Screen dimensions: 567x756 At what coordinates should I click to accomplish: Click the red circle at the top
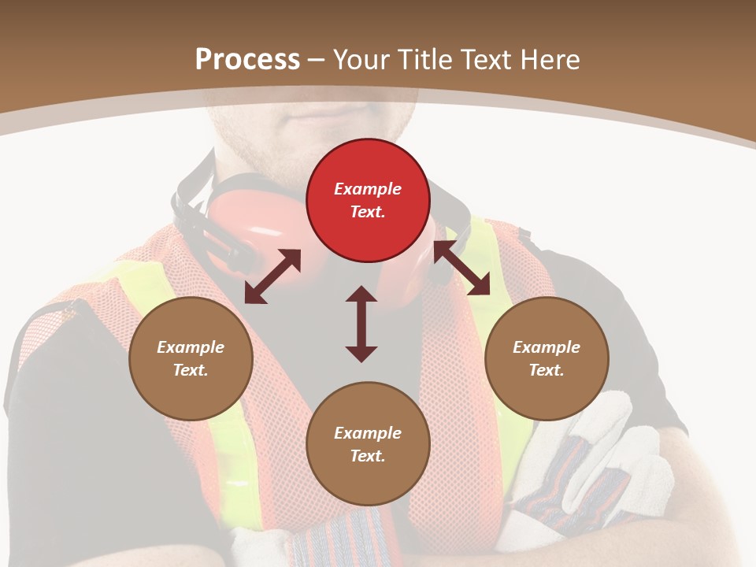click(368, 200)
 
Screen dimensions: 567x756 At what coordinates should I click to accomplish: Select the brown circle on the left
click(191, 358)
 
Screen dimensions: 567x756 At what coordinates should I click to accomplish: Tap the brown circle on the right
click(547, 358)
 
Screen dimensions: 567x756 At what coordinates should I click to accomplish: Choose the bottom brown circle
click(368, 444)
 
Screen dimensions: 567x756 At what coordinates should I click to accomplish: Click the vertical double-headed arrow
click(361, 324)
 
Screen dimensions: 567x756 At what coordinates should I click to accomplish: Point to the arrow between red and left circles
click(272, 276)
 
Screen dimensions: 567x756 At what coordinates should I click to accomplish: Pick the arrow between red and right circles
click(461, 268)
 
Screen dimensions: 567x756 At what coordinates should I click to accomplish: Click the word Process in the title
click(247, 59)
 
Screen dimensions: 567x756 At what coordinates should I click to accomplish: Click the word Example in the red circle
click(368, 189)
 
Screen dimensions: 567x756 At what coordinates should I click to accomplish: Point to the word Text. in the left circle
click(191, 370)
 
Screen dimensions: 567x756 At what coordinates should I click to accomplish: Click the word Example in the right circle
click(547, 347)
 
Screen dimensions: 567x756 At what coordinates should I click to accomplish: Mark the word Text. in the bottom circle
click(368, 456)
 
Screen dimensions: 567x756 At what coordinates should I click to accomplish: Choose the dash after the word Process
click(317, 60)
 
